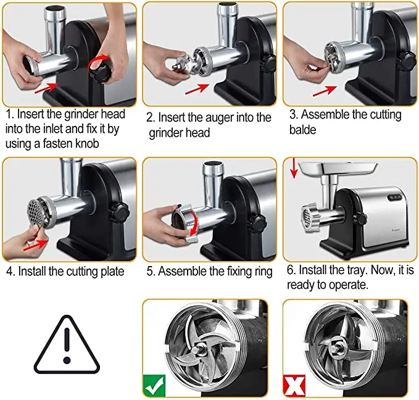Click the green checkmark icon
(154, 386)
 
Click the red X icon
(294, 386)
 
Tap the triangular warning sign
(67, 345)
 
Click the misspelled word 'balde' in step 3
(302, 130)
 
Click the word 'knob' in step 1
(87, 144)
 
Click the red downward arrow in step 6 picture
(294, 168)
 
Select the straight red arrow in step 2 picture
(197, 89)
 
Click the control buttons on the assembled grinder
(395, 198)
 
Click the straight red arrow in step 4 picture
(36, 245)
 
